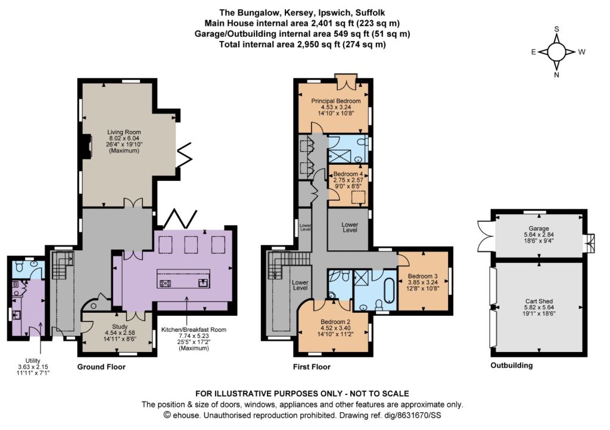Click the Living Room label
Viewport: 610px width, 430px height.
pos(124,132)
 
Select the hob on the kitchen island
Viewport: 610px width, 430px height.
pos(165,283)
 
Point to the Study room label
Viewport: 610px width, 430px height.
pos(120,327)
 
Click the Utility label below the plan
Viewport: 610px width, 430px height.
pos(33,361)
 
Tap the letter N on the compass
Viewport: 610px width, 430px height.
pos(557,75)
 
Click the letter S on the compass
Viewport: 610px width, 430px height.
pos(557,29)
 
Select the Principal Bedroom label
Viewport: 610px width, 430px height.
pos(336,101)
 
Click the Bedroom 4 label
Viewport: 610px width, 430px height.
pos(348,174)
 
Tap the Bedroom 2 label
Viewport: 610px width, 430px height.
pos(335,322)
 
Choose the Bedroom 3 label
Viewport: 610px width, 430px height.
pos(423,276)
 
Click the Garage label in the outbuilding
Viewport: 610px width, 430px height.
pos(539,229)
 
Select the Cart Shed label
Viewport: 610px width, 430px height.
pos(539,301)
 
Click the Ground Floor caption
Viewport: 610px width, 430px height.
pos(101,367)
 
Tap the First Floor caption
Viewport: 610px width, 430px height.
pos(312,367)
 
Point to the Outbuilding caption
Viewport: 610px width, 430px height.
pos(512,366)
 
